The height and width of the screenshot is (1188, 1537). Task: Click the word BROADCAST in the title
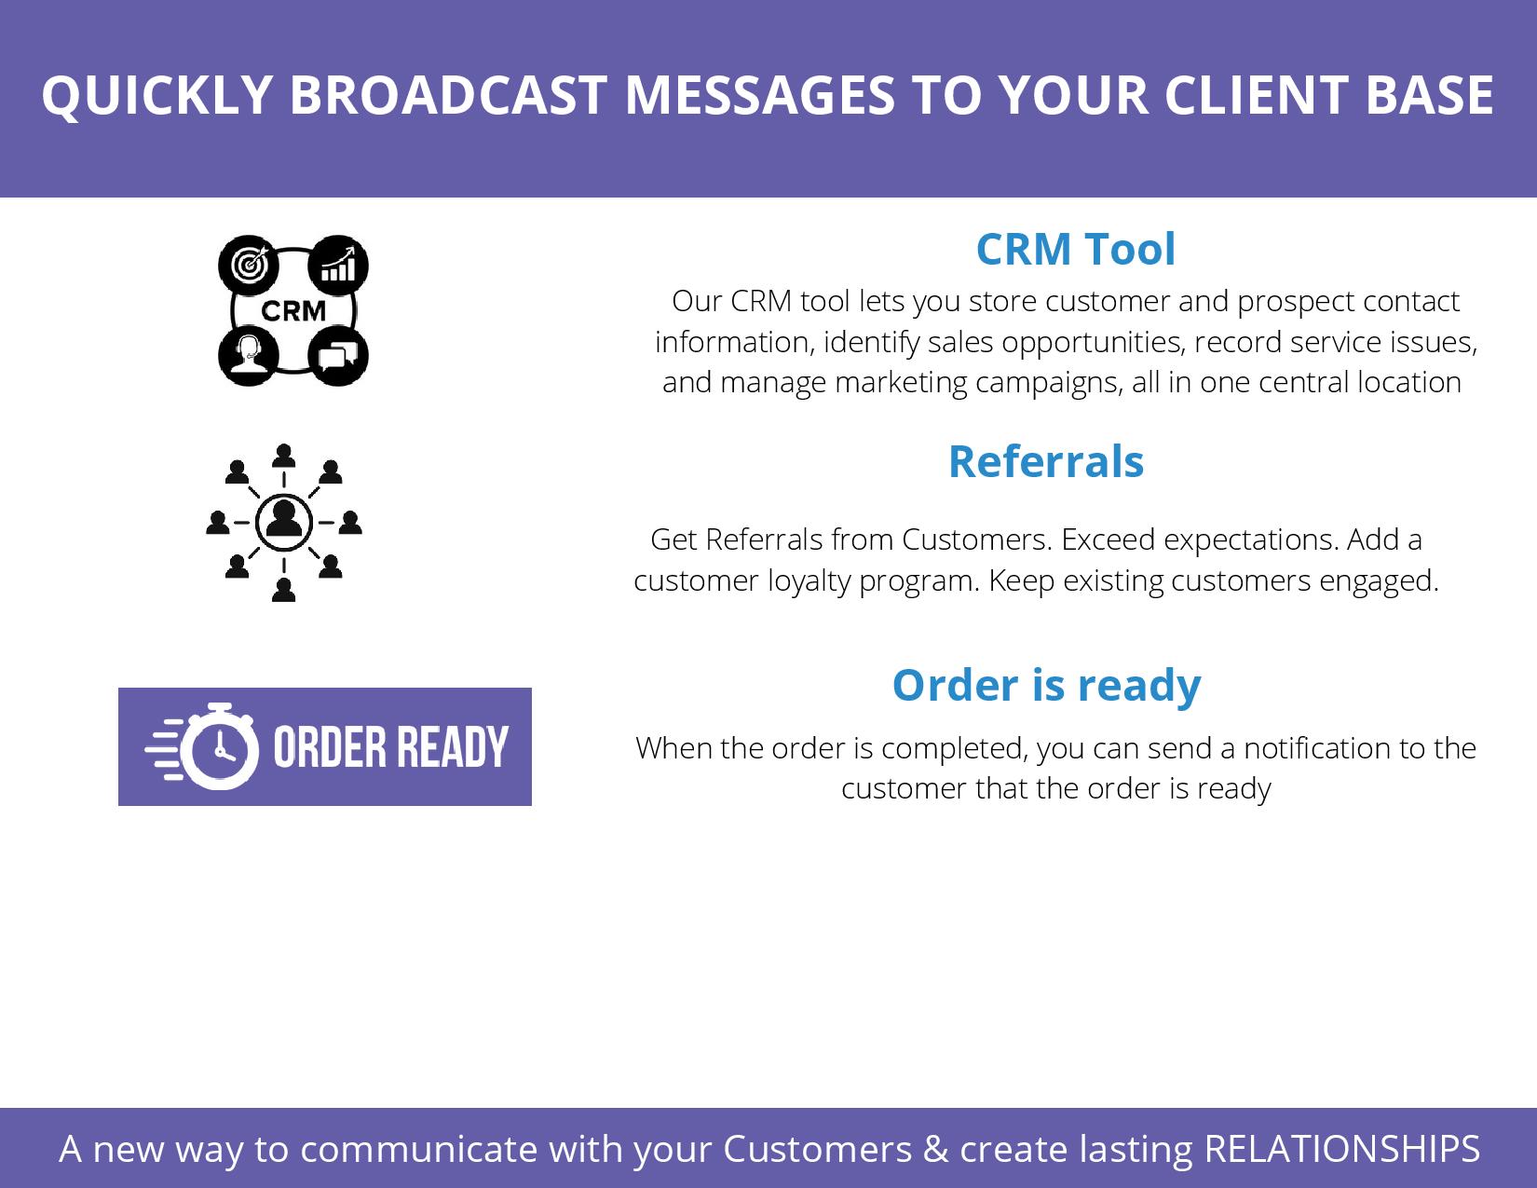(x=448, y=95)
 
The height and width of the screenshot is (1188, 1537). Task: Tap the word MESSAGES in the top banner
(x=760, y=95)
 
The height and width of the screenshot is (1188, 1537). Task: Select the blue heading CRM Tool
(x=1075, y=249)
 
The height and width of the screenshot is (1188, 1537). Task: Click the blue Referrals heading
(x=1046, y=462)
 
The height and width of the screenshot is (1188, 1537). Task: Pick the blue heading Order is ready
(x=1047, y=686)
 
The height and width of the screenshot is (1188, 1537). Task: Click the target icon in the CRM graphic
(x=249, y=266)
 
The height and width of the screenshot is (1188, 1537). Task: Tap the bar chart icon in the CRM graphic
(x=338, y=266)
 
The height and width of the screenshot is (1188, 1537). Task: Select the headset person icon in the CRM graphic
(x=249, y=355)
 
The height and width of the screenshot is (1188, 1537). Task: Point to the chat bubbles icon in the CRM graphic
(x=338, y=355)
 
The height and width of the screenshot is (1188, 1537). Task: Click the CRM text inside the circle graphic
(x=293, y=310)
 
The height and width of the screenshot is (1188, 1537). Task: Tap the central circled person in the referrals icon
(x=283, y=522)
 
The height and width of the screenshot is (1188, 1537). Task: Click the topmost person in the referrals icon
(x=283, y=456)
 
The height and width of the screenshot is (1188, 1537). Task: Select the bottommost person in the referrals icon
(x=283, y=590)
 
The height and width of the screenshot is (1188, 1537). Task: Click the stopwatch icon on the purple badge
(x=219, y=746)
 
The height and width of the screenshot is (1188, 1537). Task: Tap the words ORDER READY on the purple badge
(x=391, y=747)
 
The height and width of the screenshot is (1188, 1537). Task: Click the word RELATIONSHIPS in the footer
(x=1341, y=1148)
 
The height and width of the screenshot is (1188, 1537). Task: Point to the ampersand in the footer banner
(x=935, y=1148)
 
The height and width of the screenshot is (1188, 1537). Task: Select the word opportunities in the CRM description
(x=1093, y=343)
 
